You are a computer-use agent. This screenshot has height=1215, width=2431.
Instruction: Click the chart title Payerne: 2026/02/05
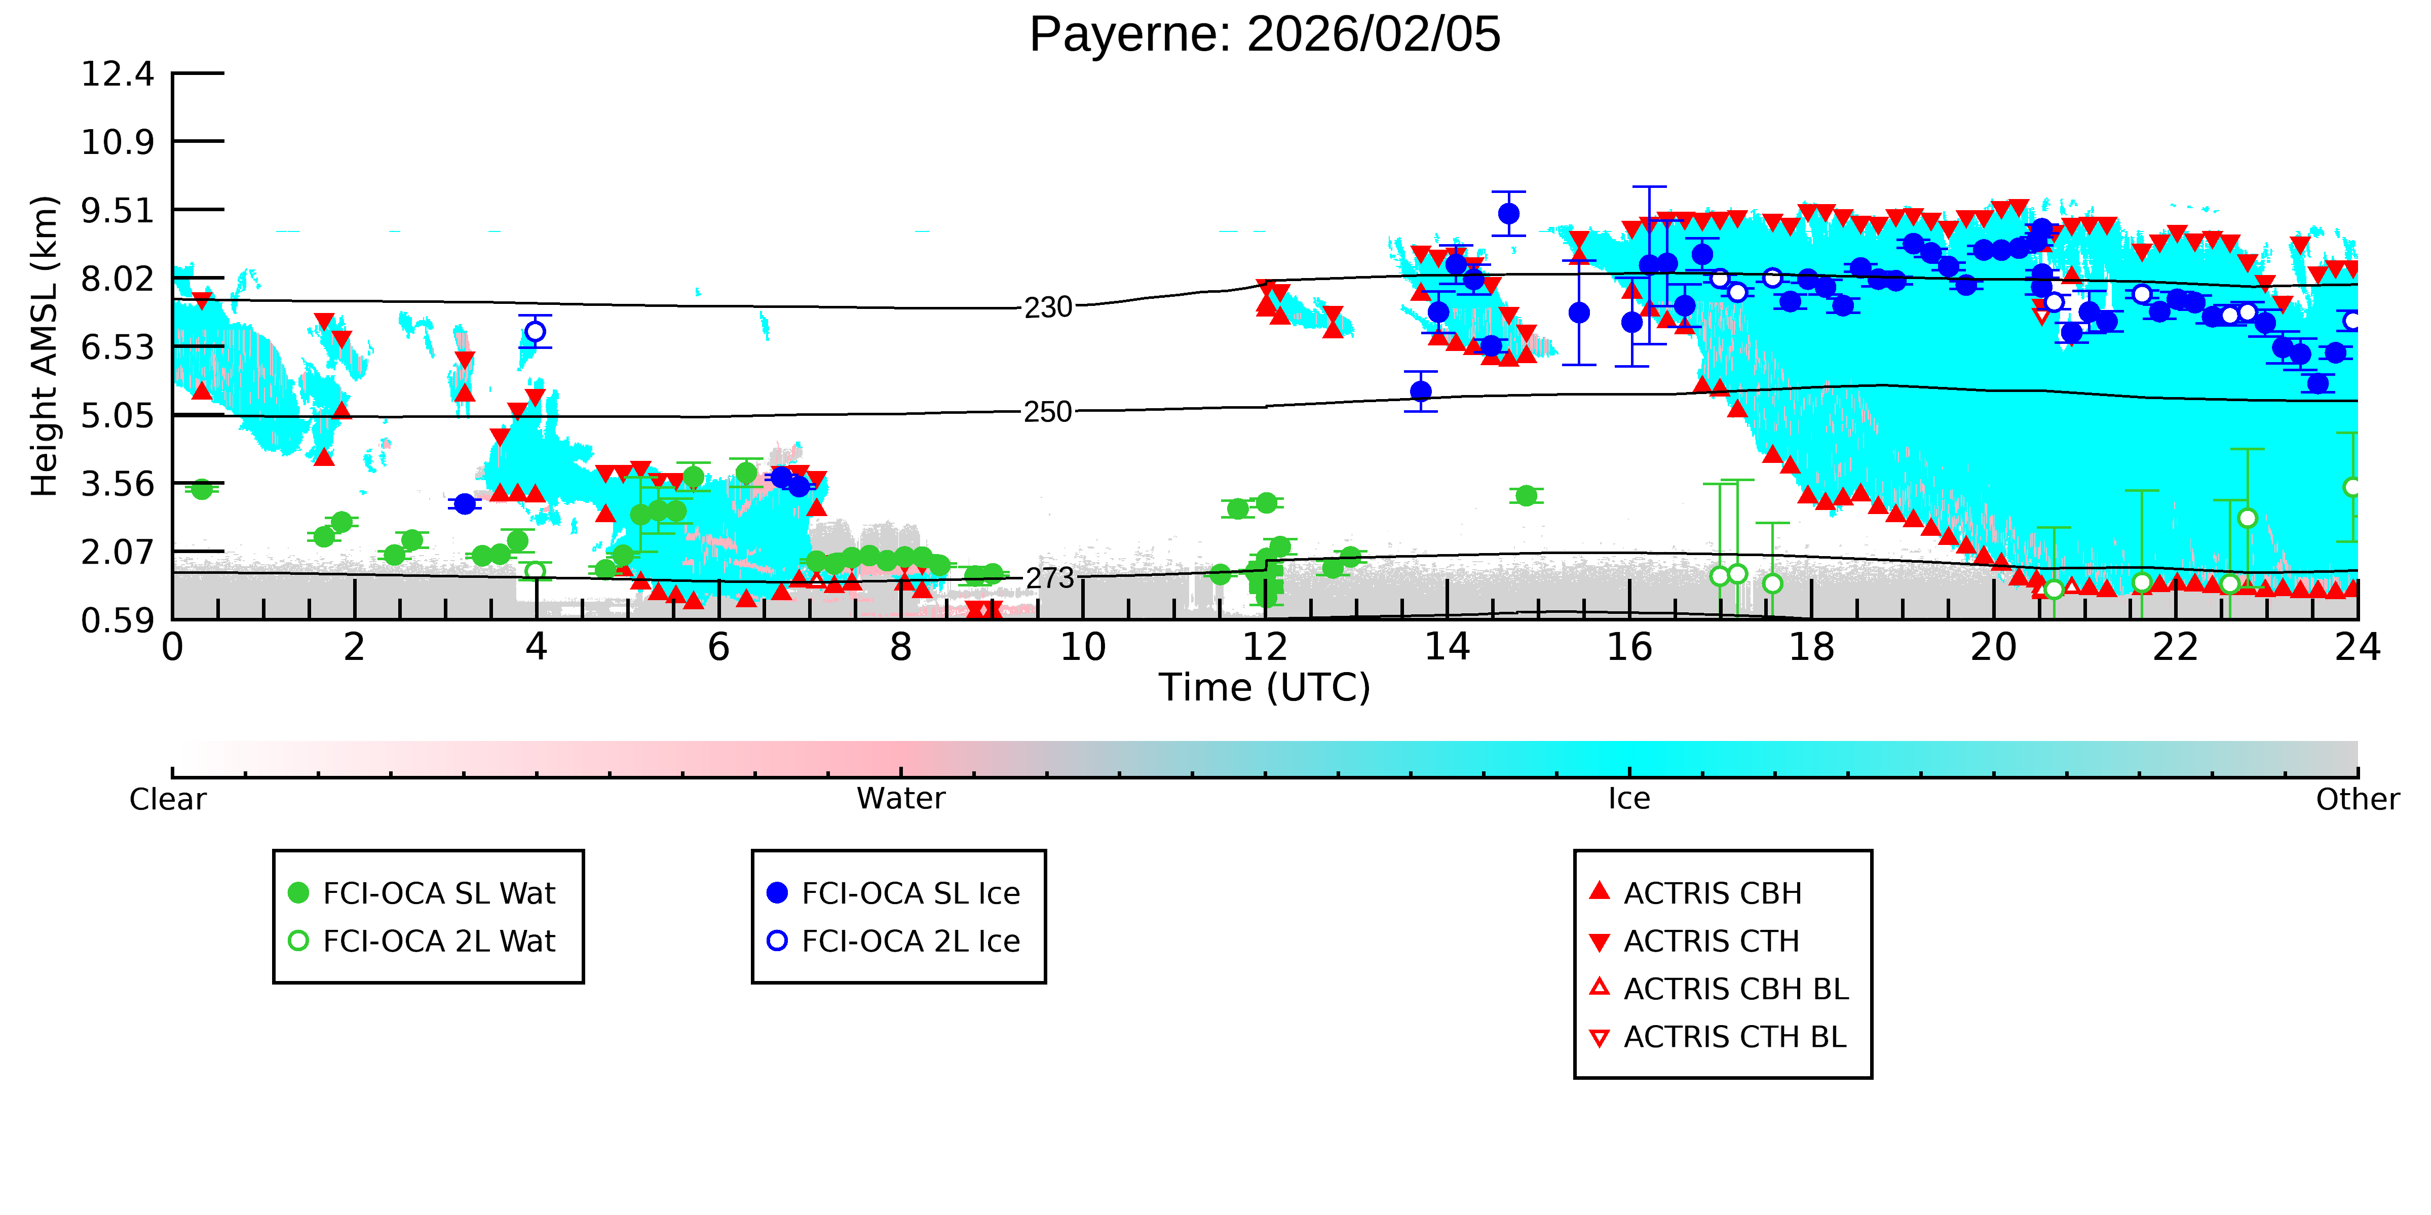point(1265,35)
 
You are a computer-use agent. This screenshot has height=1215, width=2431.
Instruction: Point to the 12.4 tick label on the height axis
point(117,73)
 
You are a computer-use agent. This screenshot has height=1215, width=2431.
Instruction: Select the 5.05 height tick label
point(117,415)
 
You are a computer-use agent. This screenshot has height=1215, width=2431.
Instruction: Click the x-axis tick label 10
point(1082,647)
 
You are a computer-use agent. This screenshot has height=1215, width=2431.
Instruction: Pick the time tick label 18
point(1811,647)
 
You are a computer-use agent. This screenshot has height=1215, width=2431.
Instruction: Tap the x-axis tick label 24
point(2358,647)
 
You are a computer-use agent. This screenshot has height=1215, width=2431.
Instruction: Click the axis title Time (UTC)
point(1265,688)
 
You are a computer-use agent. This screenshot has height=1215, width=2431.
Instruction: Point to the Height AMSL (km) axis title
point(45,346)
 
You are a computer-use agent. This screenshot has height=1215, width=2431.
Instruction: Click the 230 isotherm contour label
point(1048,307)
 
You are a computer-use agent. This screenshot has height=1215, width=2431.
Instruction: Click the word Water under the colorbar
point(900,799)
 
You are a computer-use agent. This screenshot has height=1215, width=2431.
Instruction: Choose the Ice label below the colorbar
point(1629,799)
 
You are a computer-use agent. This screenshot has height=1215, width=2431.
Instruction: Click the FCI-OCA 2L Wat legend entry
point(422,942)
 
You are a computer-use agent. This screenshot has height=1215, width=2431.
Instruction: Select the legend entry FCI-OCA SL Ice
point(894,893)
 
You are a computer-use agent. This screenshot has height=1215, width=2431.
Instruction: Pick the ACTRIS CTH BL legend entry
point(1718,1038)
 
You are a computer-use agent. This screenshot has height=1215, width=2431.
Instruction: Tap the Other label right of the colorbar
point(2358,799)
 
